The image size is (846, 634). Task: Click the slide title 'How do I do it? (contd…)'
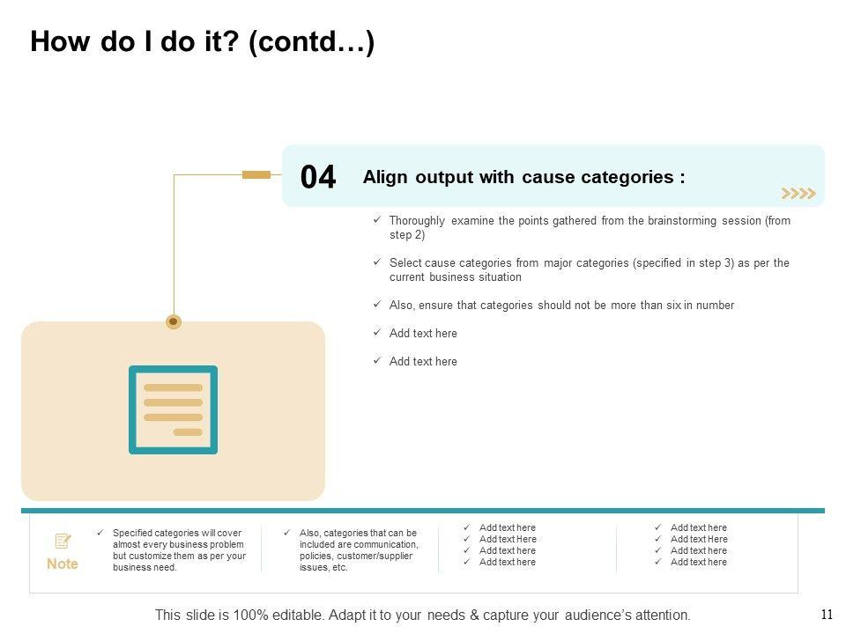(x=202, y=42)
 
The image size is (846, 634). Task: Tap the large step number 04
(x=318, y=178)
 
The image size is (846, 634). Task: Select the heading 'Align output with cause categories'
(x=523, y=177)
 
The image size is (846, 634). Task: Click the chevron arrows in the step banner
(x=798, y=194)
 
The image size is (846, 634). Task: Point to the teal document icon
(x=174, y=409)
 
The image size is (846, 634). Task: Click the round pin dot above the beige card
(x=174, y=321)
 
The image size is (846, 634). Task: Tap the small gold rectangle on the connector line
(x=256, y=174)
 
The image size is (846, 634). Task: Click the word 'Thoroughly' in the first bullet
(x=417, y=221)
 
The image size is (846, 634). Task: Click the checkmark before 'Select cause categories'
(x=377, y=262)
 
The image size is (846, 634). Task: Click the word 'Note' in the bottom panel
(x=63, y=564)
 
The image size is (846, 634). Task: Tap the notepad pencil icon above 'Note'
(x=63, y=541)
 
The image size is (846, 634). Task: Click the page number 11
(x=827, y=615)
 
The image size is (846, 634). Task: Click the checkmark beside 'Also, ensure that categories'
(x=377, y=305)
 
